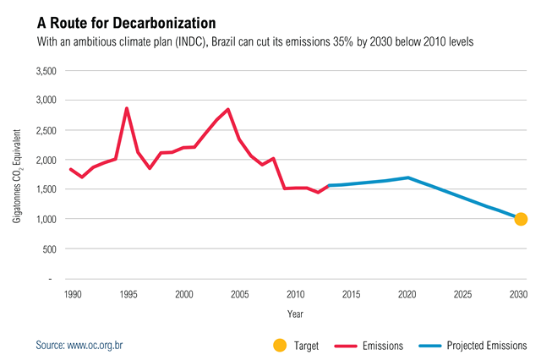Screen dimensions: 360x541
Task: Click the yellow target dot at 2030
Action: click(521, 219)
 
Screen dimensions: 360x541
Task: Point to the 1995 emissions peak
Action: click(127, 108)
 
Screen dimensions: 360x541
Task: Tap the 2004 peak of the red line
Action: click(228, 109)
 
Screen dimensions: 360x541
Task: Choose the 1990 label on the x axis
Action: click(73, 294)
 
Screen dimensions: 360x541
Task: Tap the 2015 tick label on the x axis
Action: click(351, 294)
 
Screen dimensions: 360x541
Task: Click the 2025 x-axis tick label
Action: click(462, 294)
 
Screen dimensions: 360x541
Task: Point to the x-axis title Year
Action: click(295, 314)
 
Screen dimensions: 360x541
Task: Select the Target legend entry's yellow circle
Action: click(280, 345)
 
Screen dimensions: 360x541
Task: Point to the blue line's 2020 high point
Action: click(408, 177)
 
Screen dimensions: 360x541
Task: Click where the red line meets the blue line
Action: click(328, 185)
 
